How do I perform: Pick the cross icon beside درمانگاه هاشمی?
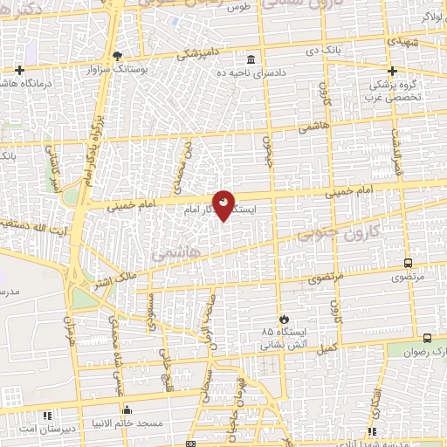click(x=19, y=69)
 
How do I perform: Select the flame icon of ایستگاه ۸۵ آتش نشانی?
click(x=282, y=320)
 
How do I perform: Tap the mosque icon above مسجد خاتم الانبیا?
click(x=128, y=410)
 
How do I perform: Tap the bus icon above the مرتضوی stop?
click(x=409, y=262)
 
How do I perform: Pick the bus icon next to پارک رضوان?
click(x=426, y=338)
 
